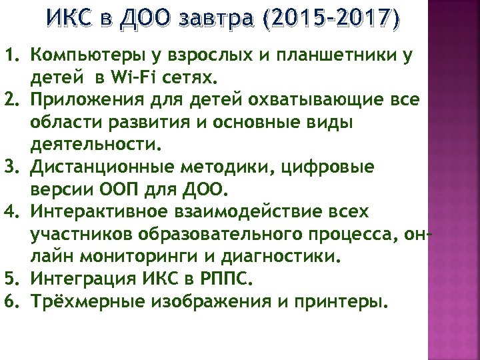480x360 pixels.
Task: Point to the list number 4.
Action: (x=15, y=212)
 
